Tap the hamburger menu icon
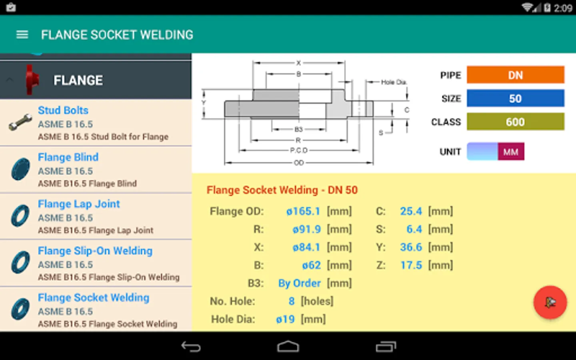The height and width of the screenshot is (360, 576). coord(22,35)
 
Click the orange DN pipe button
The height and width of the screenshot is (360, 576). coord(515,75)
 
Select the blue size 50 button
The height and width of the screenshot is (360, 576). coord(515,98)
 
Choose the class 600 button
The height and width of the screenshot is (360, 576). coord(515,122)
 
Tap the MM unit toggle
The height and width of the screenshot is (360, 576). coord(510,152)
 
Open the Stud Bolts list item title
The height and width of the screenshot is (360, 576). coord(63,110)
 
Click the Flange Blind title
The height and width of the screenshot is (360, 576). coord(68,157)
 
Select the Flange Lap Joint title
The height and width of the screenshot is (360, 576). coord(79,204)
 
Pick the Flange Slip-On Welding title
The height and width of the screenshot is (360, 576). coord(95,251)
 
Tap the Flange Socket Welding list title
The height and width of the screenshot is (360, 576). coord(94,298)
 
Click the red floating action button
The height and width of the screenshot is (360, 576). coord(550,302)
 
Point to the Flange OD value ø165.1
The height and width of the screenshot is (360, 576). coord(303,211)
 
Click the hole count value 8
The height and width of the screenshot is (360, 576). coord(292,301)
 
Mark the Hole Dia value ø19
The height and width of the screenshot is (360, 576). coord(285,319)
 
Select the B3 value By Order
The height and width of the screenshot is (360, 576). coord(299,283)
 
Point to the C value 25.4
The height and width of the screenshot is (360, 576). coord(411,211)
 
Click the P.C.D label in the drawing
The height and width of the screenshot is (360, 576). coord(299,150)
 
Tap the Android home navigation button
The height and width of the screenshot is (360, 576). coord(288,346)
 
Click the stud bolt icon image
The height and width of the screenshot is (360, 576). coord(20,122)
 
